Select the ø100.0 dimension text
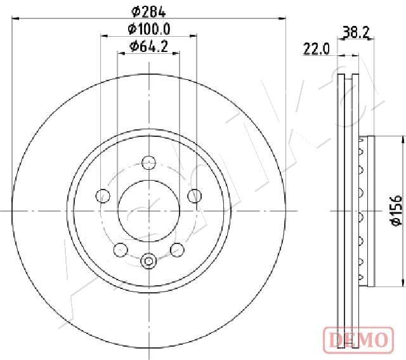pyautogui.click(x=150, y=29)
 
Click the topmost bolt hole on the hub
pyautogui.click(x=148, y=162)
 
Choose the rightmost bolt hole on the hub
pyautogui.click(x=195, y=195)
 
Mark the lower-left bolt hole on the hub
pyautogui.click(x=119, y=249)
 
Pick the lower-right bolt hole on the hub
pyautogui.click(x=178, y=249)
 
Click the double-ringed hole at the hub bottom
pyautogui.click(x=148, y=260)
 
